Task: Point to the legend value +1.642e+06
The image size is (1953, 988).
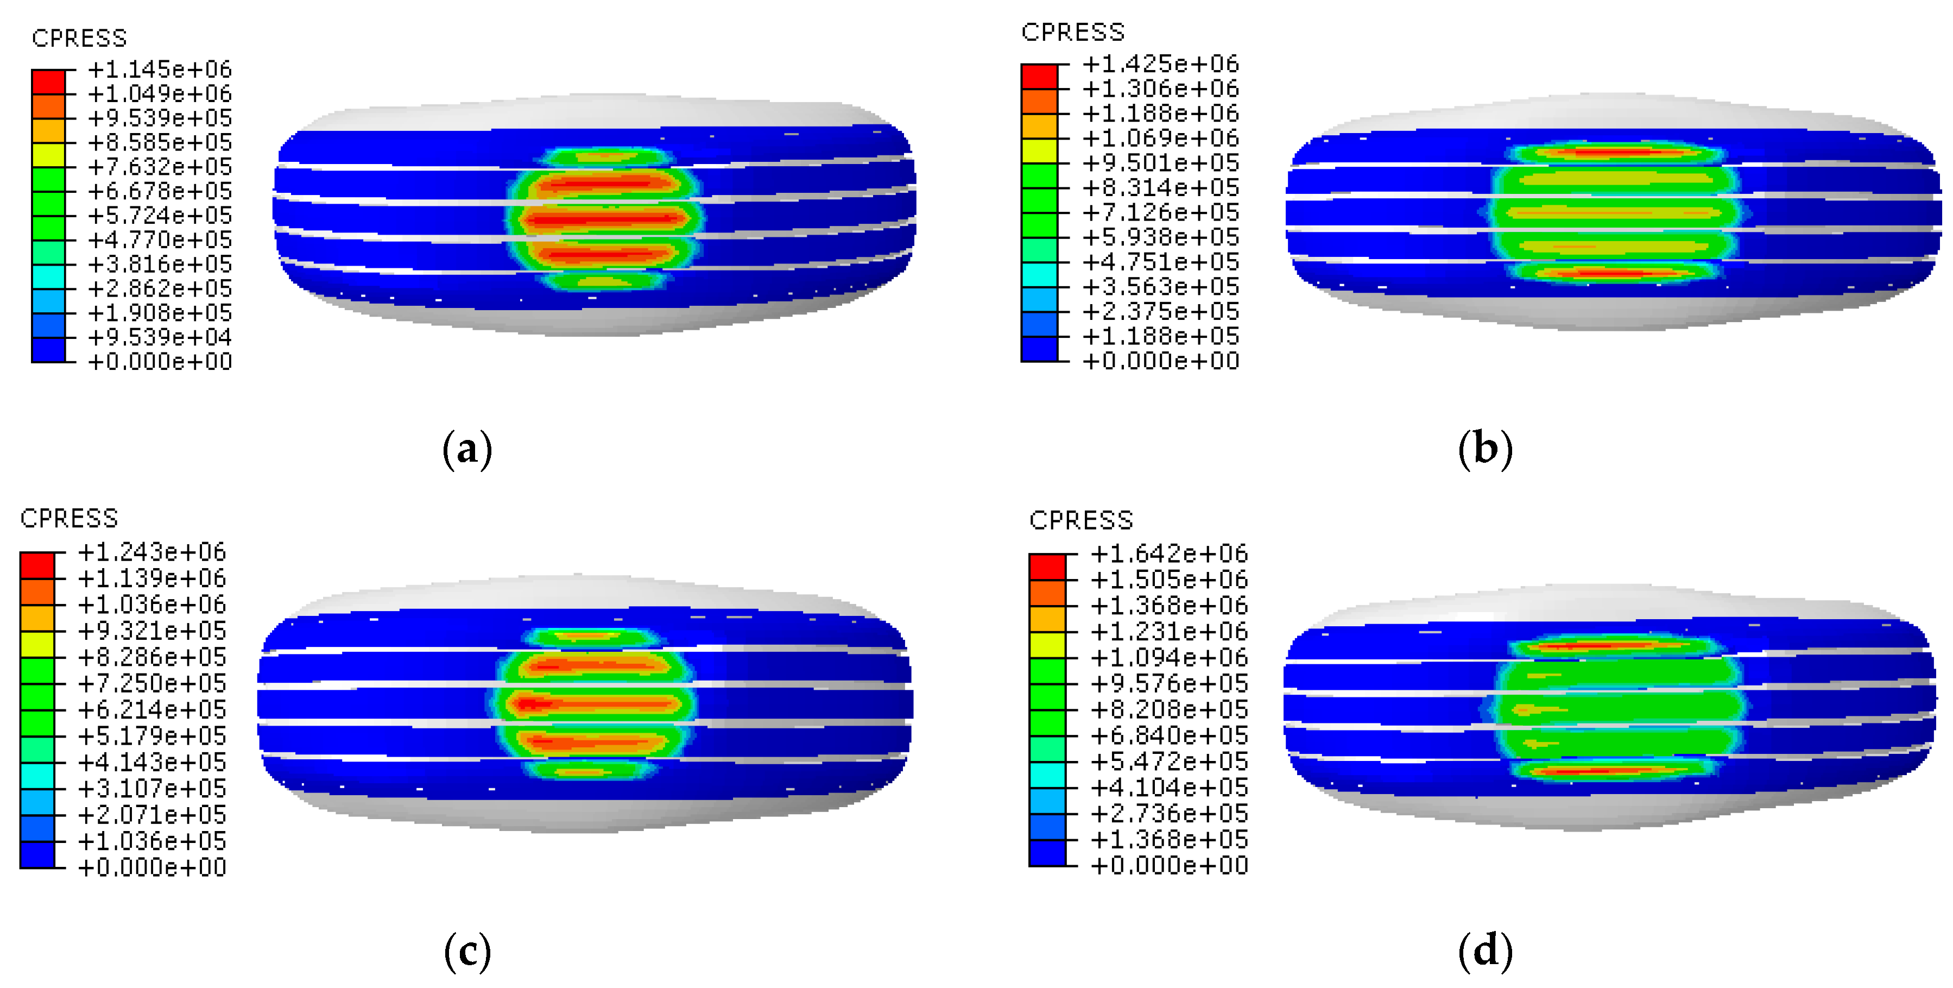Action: [1169, 554]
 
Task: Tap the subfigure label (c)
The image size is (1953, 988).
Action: [467, 952]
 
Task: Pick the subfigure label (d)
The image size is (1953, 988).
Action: [1485, 952]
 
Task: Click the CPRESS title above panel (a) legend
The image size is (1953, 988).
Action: [79, 38]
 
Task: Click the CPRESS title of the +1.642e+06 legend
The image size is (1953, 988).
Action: [1081, 520]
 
